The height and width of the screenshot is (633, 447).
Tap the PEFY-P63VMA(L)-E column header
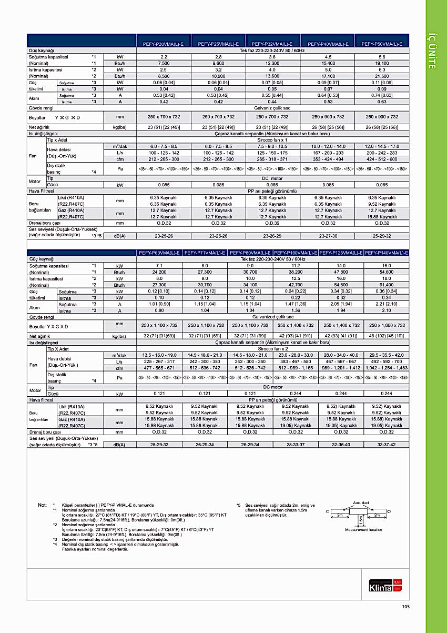click(159, 253)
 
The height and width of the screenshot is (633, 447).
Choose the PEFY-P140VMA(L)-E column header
click(387, 253)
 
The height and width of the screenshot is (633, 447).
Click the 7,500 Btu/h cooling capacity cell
click(164, 63)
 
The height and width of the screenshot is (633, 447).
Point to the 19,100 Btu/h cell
click(382, 63)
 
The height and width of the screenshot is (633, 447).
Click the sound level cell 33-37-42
click(387, 445)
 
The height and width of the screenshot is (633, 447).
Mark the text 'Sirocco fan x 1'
click(272, 140)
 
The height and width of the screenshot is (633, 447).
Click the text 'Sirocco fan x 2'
click(272, 349)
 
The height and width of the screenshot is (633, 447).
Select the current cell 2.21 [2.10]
click(387, 304)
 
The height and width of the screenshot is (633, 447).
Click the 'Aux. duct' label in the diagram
click(361, 503)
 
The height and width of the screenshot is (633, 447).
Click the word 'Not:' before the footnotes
click(43, 505)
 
